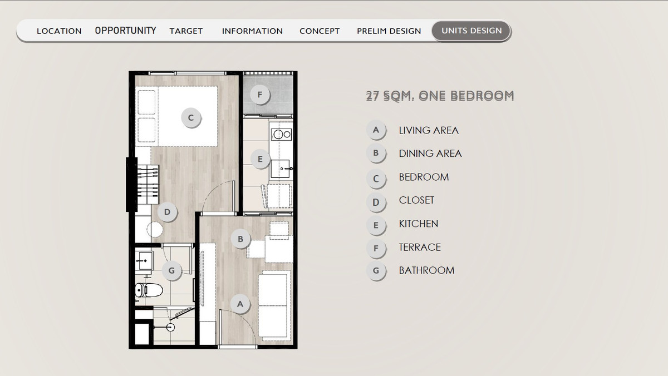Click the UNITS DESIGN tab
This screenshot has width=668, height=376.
[471, 31]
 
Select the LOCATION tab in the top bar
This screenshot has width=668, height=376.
[59, 31]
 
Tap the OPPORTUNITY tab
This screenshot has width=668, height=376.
[126, 31]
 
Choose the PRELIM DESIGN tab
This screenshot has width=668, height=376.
[389, 31]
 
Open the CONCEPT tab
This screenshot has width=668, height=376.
[320, 31]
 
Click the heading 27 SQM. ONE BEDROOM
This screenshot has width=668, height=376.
[440, 96]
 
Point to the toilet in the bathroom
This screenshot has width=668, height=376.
[149, 290]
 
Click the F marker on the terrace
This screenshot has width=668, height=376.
[260, 95]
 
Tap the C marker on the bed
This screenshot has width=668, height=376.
[191, 118]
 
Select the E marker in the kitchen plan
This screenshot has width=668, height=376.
[260, 159]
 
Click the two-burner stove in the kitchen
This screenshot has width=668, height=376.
[281, 135]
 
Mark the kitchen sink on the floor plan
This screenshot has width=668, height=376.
[281, 169]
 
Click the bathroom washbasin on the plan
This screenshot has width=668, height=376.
[144, 261]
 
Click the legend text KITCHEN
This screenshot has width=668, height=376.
[419, 224]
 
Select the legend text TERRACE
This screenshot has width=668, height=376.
[420, 248]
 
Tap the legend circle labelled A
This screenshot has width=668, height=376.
[376, 130]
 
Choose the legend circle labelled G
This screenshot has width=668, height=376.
[376, 270]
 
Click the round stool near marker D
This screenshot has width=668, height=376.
[155, 229]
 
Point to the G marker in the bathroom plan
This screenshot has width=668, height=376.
[172, 270]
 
